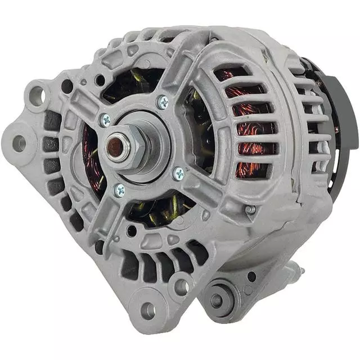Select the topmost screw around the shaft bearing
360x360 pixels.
163,102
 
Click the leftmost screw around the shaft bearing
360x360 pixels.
105,120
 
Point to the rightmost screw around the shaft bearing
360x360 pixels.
179,173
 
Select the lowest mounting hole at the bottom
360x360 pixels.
147,309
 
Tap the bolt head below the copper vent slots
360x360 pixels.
250,210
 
